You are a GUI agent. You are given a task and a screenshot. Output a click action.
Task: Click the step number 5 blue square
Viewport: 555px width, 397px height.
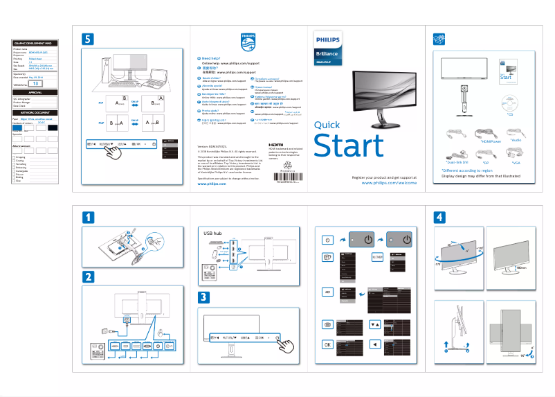pos(88,39)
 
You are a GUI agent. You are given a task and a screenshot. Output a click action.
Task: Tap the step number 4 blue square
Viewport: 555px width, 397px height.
pos(440,217)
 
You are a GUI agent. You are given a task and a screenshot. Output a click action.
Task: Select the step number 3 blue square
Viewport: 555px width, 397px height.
pos(205,298)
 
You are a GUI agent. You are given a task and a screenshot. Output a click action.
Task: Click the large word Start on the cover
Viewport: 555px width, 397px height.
pos(348,145)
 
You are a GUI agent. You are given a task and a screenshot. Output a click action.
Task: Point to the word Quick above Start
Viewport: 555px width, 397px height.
pos(327,125)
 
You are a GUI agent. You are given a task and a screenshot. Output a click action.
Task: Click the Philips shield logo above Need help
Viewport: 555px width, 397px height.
pos(248,41)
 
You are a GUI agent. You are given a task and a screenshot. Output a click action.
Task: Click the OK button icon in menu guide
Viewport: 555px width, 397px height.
pos(328,344)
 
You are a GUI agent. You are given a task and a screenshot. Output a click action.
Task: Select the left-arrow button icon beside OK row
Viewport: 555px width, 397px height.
pos(375,344)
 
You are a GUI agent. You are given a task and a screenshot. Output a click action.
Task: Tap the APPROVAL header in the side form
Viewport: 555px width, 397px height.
pos(35,92)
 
